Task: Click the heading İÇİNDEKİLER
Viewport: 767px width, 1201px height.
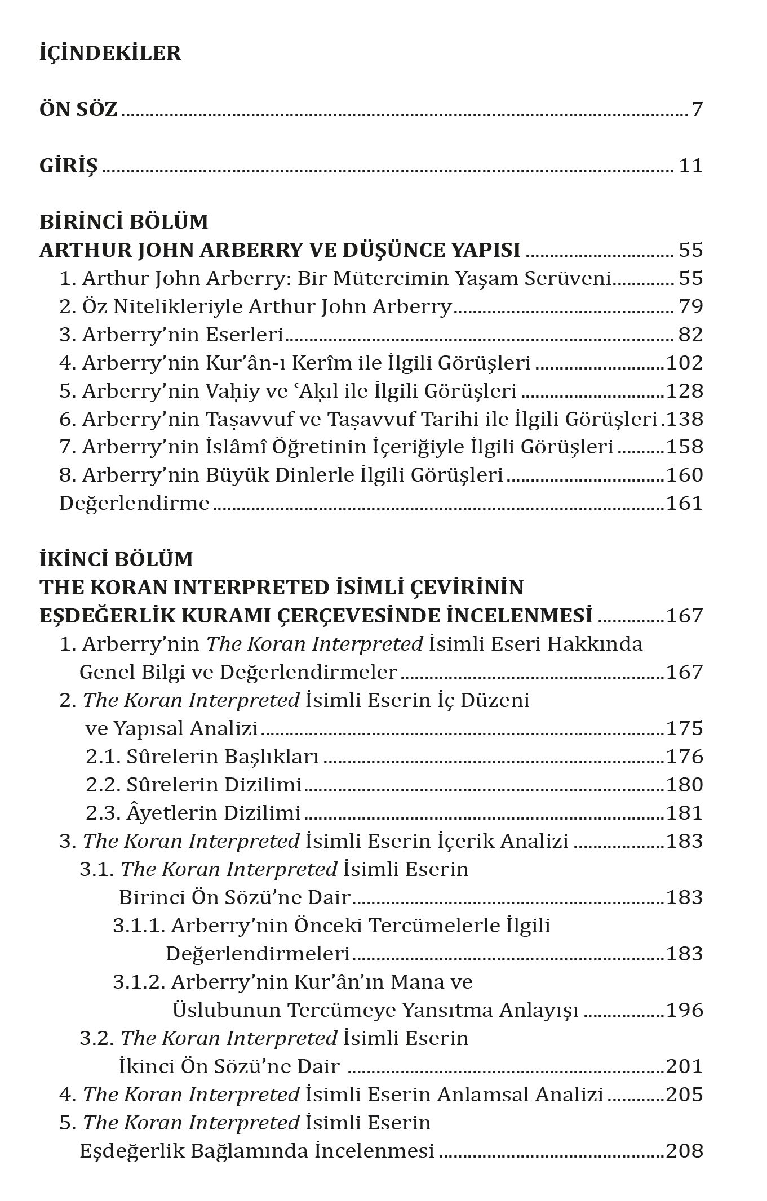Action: [x=110, y=53]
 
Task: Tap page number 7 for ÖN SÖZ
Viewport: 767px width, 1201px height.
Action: [x=697, y=109]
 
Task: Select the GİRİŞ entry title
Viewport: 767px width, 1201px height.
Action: [x=68, y=166]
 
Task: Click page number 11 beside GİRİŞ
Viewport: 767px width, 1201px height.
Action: [x=691, y=166]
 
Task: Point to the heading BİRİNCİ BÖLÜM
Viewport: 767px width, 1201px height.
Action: [x=123, y=222]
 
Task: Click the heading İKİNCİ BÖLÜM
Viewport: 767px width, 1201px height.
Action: [x=116, y=559]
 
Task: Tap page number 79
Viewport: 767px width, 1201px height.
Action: [x=691, y=306]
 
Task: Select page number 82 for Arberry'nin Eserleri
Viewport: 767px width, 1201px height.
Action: [x=691, y=335]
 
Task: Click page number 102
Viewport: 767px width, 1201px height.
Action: [x=685, y=363]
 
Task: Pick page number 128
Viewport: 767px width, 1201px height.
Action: [x=685, y=391]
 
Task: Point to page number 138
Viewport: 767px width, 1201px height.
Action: [x=685, y=419]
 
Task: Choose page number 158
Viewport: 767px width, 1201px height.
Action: [x=685, y=447]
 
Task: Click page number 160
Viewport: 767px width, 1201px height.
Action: [x=685, y=475]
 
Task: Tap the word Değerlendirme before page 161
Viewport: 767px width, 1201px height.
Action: [x=134, y=503]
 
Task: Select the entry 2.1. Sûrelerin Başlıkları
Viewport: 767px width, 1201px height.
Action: [x=202, y=757]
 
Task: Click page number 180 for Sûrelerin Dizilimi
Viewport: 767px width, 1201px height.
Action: [x=685, y=785]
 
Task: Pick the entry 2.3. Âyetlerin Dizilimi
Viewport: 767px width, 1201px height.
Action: [x=193, y=813]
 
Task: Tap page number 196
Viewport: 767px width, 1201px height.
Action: [x=685, y=1010]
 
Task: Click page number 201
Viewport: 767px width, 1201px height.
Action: [x=685, y=1066]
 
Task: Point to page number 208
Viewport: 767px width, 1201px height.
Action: [x=685, y=1151]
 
